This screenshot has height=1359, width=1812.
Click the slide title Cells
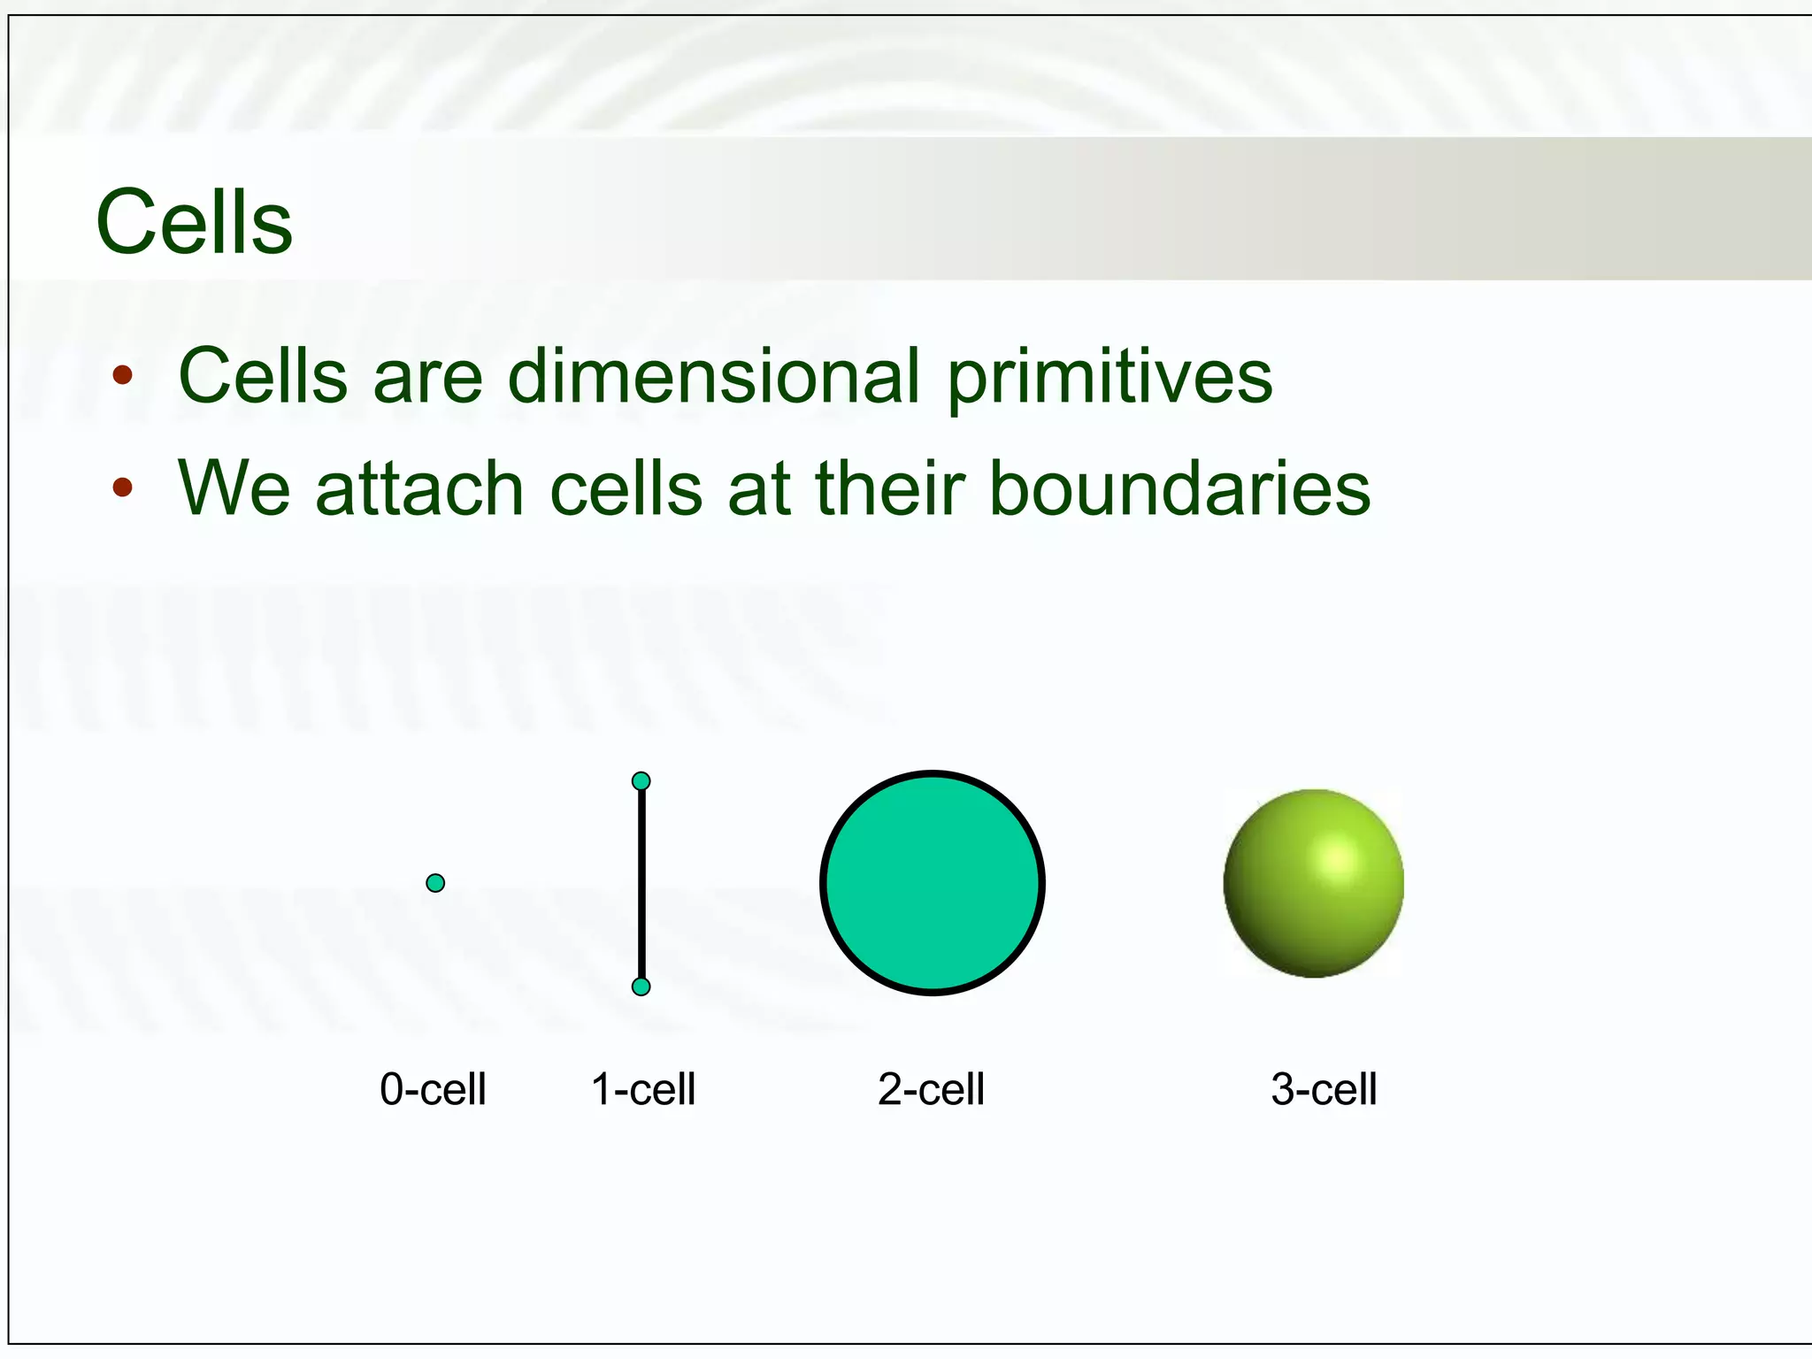(194, 222)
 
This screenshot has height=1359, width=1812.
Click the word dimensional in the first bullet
(714, 376)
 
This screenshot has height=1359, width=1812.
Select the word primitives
(1109, 376)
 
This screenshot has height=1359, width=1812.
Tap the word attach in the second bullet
(419, 488)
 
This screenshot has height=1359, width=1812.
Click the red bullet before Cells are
(122, 375)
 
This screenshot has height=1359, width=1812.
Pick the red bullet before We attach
(122, 488)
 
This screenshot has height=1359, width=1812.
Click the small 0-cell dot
(435, 883)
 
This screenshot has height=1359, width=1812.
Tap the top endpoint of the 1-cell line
(641, 781)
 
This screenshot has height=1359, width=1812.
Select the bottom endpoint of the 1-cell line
(641, 987)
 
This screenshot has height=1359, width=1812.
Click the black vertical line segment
(641, 885)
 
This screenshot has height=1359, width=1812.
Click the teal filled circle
(933, 883)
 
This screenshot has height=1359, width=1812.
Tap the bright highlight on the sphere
(1338, 859)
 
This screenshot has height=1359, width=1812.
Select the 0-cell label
(433, 1089)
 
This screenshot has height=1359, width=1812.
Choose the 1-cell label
(643, 1089)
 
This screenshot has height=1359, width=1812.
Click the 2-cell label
(931, 1089)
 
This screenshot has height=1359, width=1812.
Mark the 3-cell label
(1324, 1089)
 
